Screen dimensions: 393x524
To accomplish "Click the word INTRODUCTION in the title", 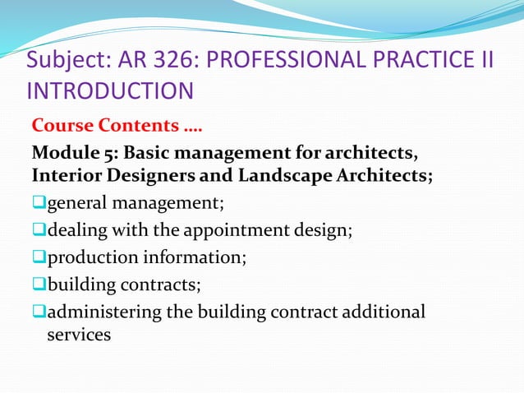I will (110, 90).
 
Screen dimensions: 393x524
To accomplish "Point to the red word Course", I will (62, 127).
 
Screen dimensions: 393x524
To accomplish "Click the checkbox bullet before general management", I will (38, 203).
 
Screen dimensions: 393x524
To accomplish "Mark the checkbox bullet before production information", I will (38, 258).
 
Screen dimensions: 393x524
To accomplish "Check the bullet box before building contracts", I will (38, 285).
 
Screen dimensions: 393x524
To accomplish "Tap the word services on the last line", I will (79, 335).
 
